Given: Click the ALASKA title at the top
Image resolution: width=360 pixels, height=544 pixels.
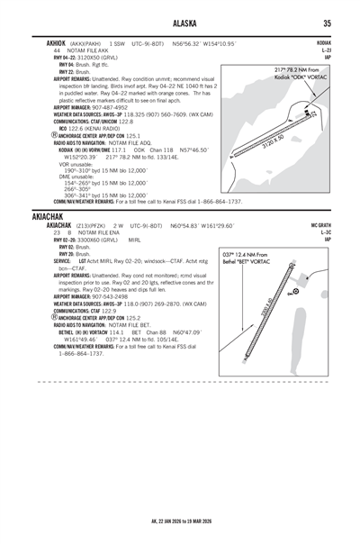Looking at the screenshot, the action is coord(180,24).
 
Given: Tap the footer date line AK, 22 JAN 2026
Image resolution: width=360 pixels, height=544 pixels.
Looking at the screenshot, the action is coord(180,521).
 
